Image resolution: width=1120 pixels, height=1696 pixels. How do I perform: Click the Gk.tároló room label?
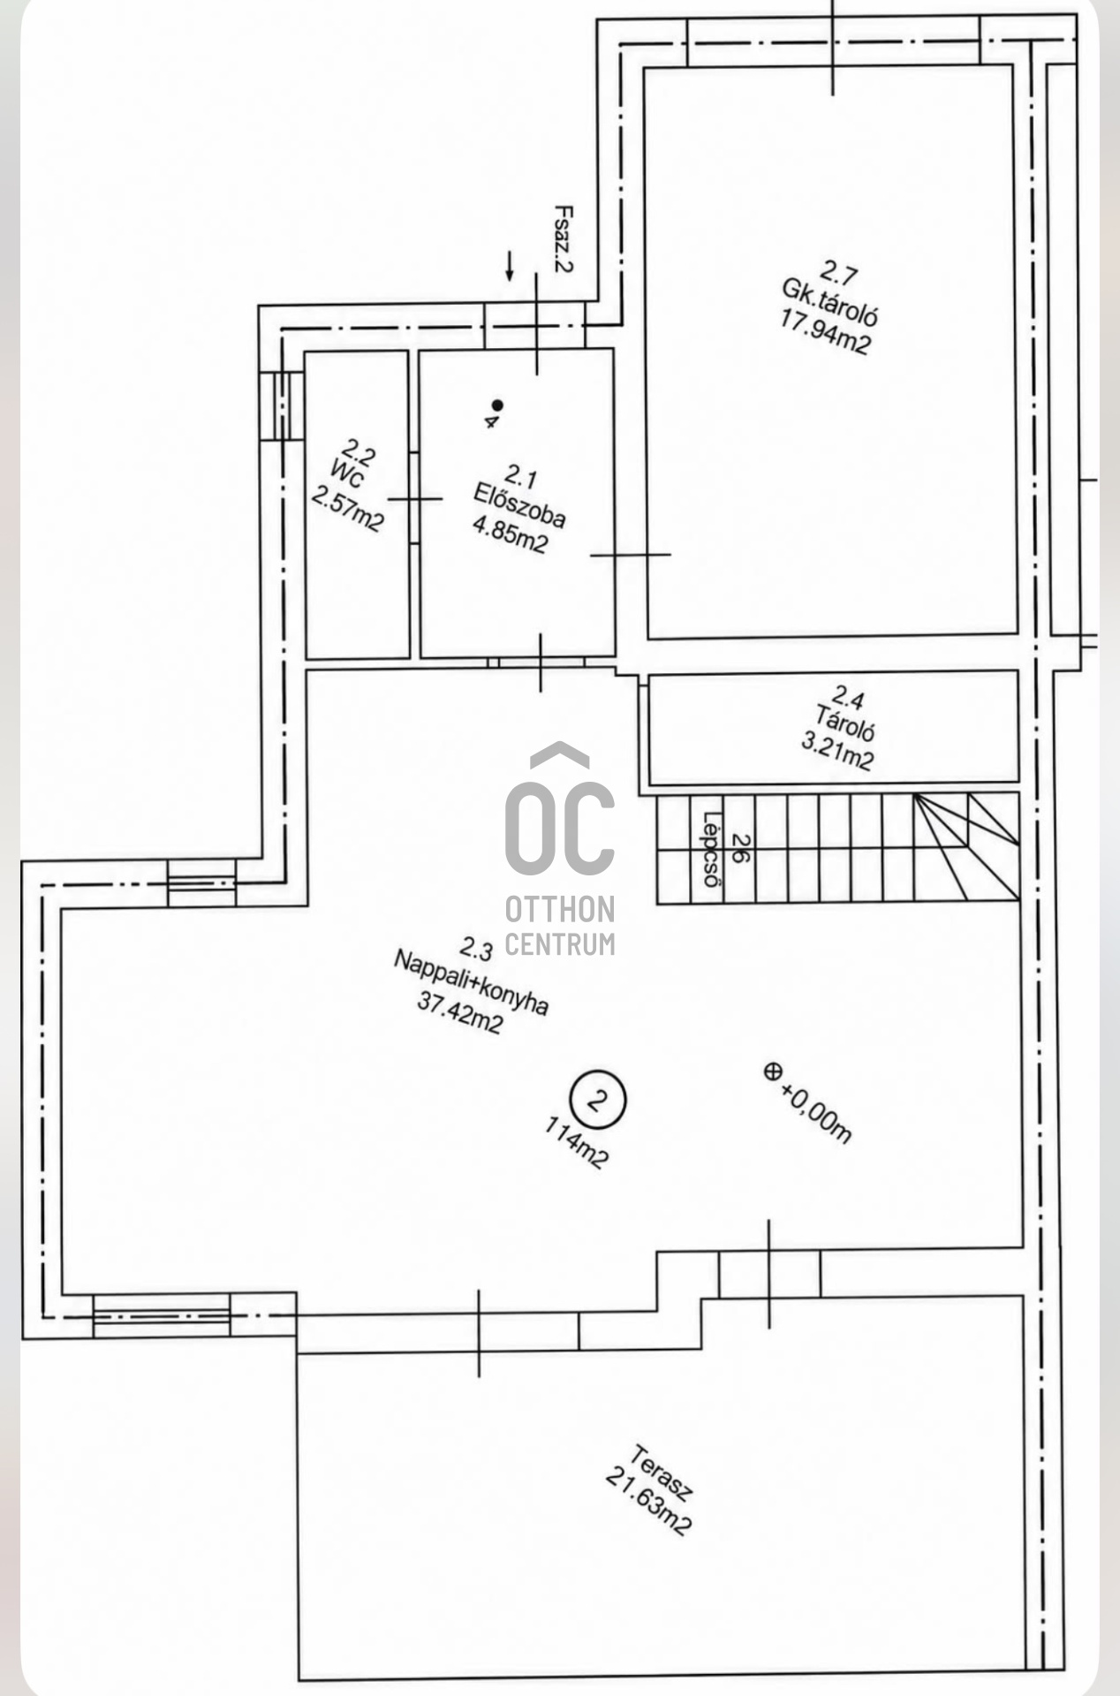coord(829,302)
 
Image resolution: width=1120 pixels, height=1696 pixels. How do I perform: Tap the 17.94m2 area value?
coord(825,331)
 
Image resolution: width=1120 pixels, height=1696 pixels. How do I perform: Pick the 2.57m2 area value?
coord(348,506)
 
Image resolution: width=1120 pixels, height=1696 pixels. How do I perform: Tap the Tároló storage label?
coord(845,723)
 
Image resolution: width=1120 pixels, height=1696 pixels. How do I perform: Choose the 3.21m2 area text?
coord(837,752)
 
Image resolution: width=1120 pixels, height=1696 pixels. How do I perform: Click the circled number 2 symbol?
coord(598,1101)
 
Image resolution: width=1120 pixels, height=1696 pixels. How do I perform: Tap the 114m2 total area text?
coord(577,1143)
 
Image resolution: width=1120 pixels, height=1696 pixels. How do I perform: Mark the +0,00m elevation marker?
coord(808,1102)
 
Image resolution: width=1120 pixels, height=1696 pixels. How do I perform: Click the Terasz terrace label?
coord(662,1473)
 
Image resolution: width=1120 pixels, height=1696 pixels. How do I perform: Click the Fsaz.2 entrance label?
coord(563,238)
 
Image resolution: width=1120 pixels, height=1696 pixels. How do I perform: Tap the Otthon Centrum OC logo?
coord(560,849)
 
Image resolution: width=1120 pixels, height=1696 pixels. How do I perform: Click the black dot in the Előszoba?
coord(497,405)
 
